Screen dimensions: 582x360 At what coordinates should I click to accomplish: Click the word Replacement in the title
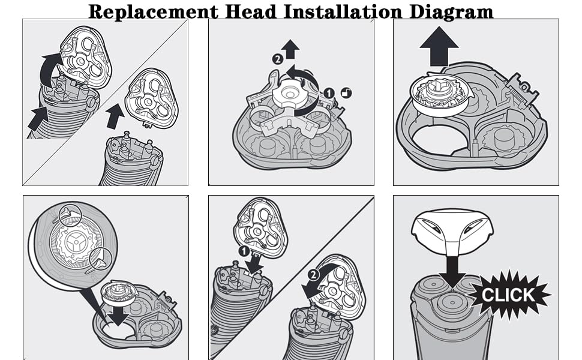153,11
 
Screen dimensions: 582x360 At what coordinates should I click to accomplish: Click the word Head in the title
251,11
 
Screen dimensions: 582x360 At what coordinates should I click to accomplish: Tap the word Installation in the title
343,11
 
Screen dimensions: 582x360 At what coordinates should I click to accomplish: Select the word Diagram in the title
451,12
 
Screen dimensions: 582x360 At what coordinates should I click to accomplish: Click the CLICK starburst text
508,295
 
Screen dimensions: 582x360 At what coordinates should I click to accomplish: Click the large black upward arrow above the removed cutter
439,46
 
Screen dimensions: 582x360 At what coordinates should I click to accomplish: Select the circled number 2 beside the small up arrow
277,59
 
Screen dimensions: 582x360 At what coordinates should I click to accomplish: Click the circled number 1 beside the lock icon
328,93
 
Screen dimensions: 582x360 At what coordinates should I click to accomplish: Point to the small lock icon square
346,93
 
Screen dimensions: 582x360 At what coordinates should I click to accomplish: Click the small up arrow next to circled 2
290,49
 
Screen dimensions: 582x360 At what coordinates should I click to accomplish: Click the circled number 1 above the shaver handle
244,251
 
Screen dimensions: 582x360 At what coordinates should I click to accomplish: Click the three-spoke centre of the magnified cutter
76,242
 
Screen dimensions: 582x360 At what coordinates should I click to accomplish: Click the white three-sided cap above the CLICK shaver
452,230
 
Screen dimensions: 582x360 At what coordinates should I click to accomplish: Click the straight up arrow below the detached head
115,116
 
